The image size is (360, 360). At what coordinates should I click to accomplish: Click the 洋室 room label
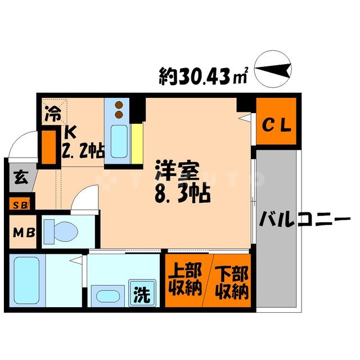(176, 170)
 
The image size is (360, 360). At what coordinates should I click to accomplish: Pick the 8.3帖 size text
(181, 194)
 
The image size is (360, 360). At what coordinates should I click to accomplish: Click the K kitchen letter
(70, 133)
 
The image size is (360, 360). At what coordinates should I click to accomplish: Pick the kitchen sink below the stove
(119, 141)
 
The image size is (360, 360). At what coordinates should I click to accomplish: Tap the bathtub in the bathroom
(25, 279)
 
